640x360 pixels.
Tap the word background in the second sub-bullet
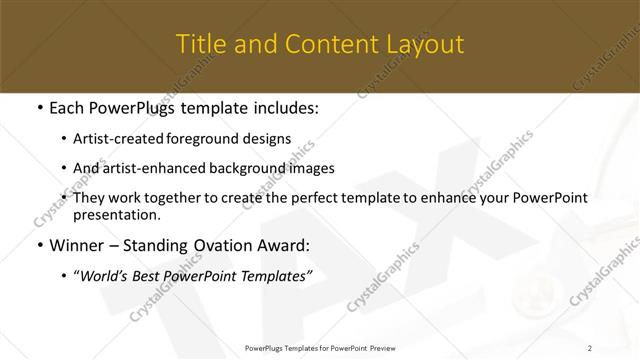(x=250, y=168)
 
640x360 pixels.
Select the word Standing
(x=168, y=245)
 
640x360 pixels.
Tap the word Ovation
(x=239, y=245)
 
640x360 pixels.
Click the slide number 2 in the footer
(x=590, y=347)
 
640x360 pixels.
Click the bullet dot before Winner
(x=39, y=245)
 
